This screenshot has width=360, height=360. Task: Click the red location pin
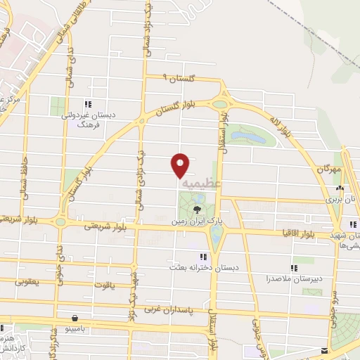coord(181,165)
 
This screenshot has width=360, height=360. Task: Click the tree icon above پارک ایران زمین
coord(198,208)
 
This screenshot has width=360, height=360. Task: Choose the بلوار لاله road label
coord(280,127)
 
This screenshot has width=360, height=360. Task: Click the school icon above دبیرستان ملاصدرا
coord(295,267)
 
